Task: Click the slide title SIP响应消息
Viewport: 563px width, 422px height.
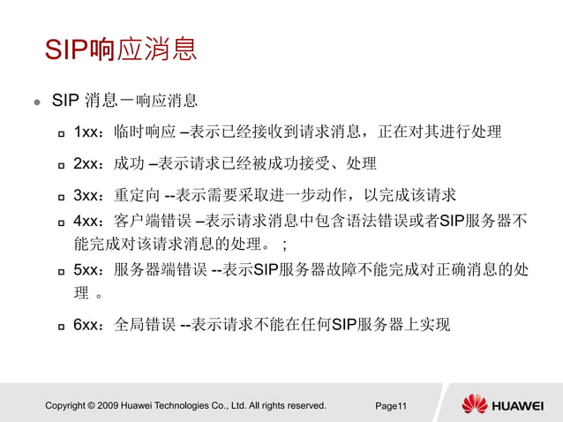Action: pyautogui.click(x=120, y=49)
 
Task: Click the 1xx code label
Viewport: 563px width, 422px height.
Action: pyautogui.click(x=89, y=132)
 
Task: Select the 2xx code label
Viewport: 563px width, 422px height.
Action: pyautogui.click(x=89, y=163)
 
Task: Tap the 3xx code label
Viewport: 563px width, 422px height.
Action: pyautogui.click(x=89, y=194)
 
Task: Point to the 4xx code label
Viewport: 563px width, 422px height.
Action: pyautogui.click(x=89, y=221)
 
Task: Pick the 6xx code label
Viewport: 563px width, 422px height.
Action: pyautogui.click(x=89, y=324)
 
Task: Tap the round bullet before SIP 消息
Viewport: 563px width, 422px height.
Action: pyautogui.click(x=37, y=102)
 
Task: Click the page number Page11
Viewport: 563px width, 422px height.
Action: pyautogui.click(x=390, y=406)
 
